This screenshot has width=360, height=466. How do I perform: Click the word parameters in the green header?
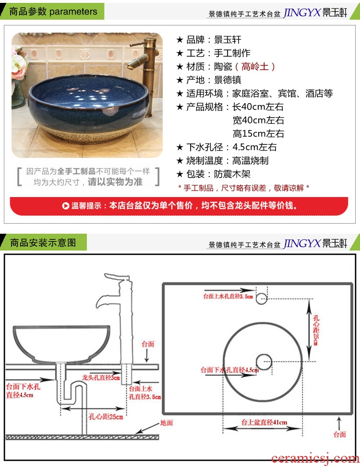point(73,12)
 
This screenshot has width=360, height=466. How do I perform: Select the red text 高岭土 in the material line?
point(255,67)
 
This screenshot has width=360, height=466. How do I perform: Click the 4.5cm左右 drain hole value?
point(254,147)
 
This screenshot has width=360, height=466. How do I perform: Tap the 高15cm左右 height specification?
point(258,134)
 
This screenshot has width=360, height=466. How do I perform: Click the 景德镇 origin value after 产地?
point(228,80)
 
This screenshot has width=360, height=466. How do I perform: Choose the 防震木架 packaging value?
point(232,174)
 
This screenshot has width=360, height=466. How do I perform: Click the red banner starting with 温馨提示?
point(179,205)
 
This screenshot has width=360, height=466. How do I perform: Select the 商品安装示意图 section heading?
point(43,242)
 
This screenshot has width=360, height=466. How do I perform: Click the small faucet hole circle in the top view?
point(261,299)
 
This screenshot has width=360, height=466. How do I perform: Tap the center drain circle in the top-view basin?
point(264,362)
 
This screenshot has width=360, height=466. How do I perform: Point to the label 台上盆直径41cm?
point(264,422)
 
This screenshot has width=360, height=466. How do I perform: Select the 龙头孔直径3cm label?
point(101,377)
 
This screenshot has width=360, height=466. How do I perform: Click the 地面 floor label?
point(166,423)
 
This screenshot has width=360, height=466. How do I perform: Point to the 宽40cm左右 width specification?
point(258,120)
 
